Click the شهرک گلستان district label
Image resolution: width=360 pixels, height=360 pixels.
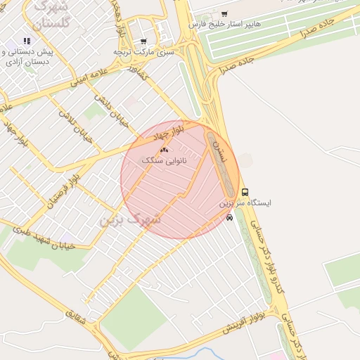(51, 14)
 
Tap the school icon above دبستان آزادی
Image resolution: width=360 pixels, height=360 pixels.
(27, 41)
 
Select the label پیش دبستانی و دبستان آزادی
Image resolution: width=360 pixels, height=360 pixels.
(27, 57)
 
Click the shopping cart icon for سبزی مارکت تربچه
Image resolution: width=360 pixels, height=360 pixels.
(143, 41)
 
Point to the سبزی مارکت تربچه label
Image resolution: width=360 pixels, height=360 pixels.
(143, 52)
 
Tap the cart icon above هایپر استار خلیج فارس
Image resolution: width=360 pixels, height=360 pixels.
(224, 13)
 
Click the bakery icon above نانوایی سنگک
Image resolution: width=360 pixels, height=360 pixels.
(165, 150)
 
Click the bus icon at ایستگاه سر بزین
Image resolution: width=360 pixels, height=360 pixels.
(245, 192)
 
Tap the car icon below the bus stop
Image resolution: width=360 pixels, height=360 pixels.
(229, 217)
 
